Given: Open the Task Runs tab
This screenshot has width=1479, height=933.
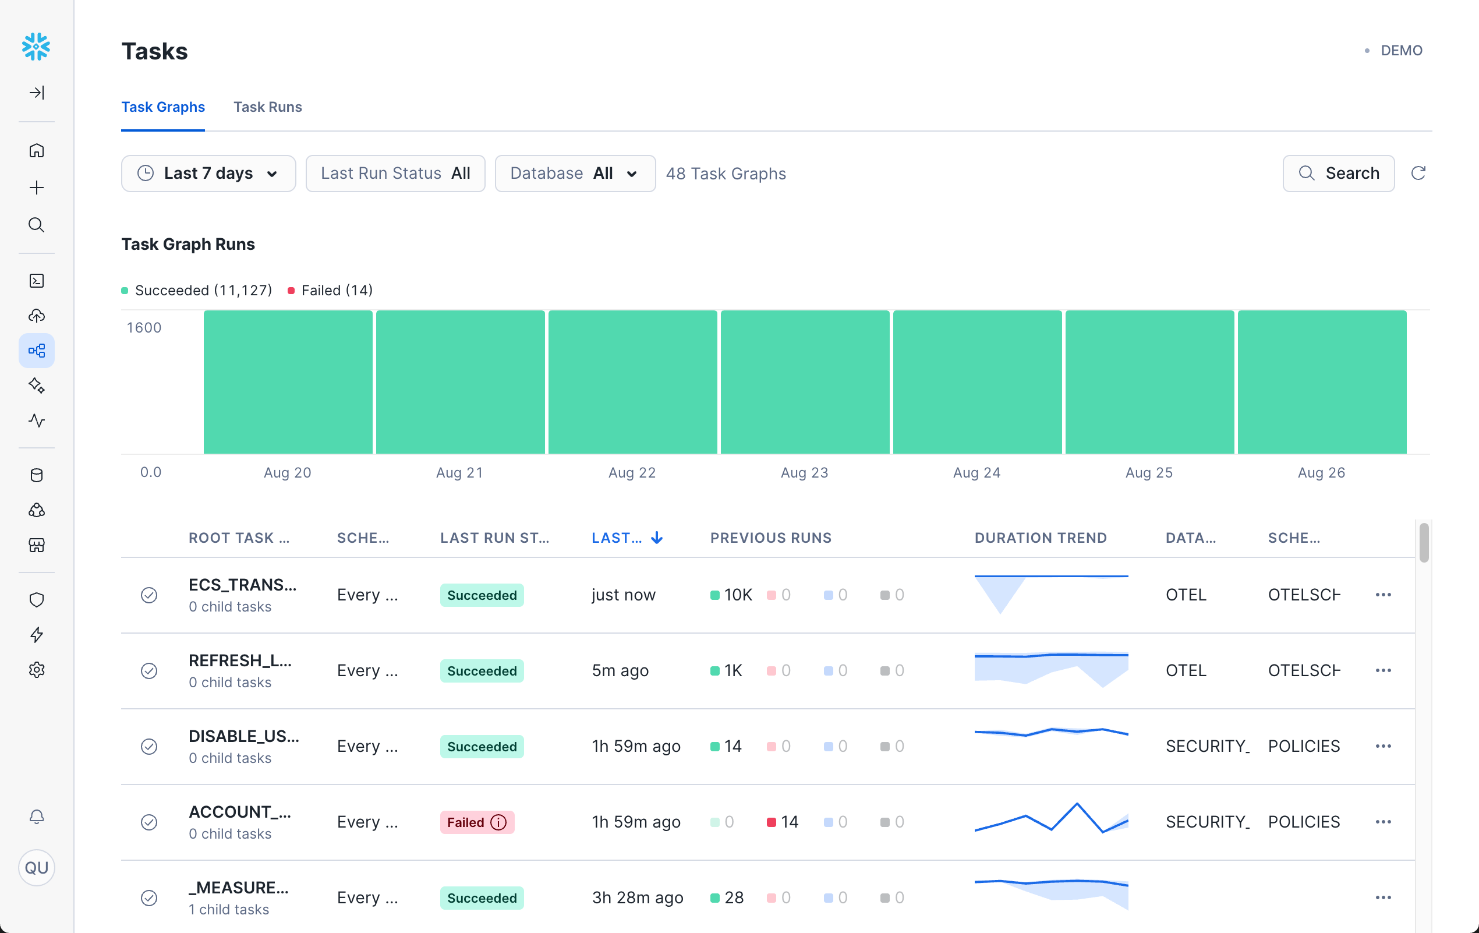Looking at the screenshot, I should [267, 107].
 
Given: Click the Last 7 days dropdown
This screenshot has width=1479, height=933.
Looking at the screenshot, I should [208, 173].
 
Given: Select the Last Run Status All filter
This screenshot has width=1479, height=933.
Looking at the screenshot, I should [395, 173].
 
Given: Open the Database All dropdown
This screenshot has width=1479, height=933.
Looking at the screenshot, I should [574, 173].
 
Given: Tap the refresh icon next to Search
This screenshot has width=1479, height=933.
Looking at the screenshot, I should [1418, 173].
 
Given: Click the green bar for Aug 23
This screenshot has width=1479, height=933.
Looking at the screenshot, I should [805, 382].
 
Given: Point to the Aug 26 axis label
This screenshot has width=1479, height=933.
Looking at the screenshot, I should [1321, 472].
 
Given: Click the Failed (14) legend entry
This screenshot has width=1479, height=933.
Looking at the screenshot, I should [330, 291].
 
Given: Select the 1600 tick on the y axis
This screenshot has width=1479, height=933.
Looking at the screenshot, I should [144, 327].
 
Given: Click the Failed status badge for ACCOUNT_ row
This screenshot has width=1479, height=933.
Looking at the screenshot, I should [477, 822].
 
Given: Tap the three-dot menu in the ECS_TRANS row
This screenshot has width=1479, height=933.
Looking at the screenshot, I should [1383, 595].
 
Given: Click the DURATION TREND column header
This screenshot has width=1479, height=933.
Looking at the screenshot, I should [1041, 538].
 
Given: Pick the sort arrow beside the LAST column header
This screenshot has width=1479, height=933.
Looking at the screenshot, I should [657, 538].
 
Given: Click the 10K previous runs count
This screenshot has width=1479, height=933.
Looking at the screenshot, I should [737, 595].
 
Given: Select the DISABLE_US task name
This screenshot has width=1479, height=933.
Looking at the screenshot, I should [243, 736].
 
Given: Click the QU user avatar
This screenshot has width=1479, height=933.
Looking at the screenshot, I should [36, 867].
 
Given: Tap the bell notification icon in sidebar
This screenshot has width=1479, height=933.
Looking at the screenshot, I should [36, 817].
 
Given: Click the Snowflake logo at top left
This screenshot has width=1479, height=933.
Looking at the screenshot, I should [36, 47].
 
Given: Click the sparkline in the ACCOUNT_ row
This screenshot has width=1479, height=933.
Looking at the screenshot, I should [1051, 819].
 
